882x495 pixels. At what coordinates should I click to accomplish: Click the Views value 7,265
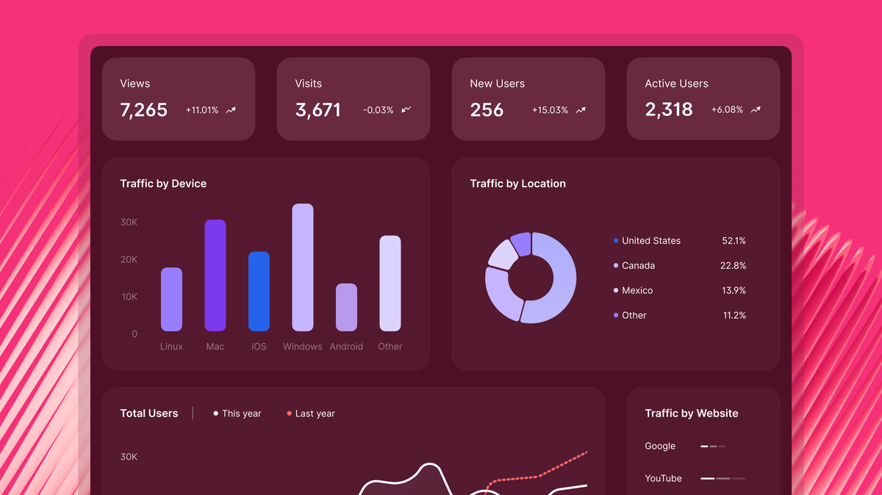[x=144, y=110]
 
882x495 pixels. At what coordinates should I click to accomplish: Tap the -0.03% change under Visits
[x=378, y=110]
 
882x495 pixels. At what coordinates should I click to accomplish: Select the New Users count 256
[x=487, y=110]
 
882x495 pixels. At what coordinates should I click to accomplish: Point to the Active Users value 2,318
[x=669, y=109]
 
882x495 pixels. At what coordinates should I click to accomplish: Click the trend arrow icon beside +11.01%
[x=231, y=110]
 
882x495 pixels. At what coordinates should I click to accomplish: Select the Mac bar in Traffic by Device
[x=215, y=275]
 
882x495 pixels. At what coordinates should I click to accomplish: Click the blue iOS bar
[x=259, y=292]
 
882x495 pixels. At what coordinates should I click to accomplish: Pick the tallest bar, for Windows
[x=303, y=267]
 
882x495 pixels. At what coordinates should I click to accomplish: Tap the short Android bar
[x=346, y=307]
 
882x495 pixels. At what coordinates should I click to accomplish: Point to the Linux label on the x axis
[x=171, y=347]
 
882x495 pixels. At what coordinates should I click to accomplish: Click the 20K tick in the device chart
[x=129, y=259]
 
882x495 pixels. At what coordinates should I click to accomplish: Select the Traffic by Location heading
[x=518, y=184]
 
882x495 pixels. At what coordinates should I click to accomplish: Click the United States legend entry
[x=650, y=241]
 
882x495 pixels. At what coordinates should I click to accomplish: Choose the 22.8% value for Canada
[x=733, y=266]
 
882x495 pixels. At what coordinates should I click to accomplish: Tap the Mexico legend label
[x=637, y=291]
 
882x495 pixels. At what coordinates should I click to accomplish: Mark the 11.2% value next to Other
[x=733, y=316]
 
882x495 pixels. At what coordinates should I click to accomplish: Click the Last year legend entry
[x=314, y=413]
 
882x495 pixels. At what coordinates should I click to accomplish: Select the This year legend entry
[x=240, y=413]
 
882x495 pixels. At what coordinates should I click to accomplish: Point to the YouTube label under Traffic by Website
[x=663, y=478]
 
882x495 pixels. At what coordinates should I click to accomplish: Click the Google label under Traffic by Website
[x=660, y=446]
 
